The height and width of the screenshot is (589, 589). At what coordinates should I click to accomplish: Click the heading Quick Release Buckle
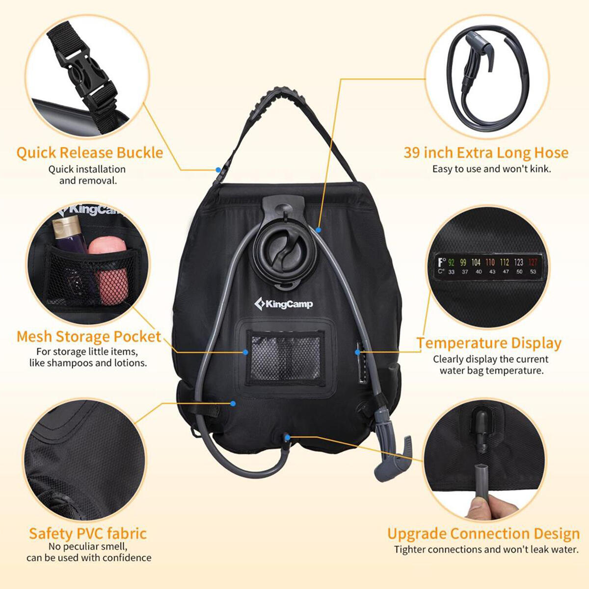pyautogui.click(x=89, y=153)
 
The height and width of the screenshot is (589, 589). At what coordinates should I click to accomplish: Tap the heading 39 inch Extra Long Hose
pyautogui.click(x=486, y=153)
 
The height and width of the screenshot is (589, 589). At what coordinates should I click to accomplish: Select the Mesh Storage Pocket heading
pyautogui.click(x=89, y=337)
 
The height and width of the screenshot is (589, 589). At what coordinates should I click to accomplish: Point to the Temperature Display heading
pyautogui.click(x=489, y=343)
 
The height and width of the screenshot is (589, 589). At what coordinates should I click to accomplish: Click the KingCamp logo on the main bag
pyautogui.click(x=284, y=303)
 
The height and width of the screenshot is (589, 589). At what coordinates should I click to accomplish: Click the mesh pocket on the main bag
pyautogui.click(x=285, y=358)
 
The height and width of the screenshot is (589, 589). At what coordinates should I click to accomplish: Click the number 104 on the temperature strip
pyautogui.click(x=476, y=262)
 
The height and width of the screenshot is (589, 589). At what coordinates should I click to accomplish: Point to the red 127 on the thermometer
pyautogui.click(x=533, y=262)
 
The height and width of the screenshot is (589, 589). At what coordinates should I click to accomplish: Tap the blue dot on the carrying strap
pyautogui.click(x=218, y=169)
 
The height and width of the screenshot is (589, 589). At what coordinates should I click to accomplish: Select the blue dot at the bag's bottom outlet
pyautogui.click(x=287, y=438)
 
